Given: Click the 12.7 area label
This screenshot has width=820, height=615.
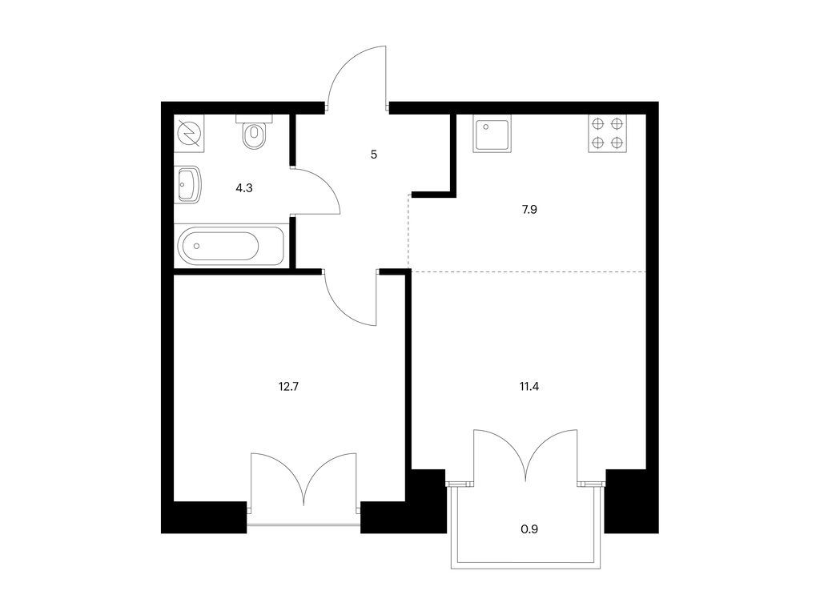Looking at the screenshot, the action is pyautogui.click(x=288, y=387).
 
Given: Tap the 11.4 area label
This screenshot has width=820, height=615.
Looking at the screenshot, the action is pyautogui.click(x=529, y=387).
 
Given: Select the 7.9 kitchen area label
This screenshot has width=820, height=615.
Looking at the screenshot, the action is pyautogui.click(x=530, y=210).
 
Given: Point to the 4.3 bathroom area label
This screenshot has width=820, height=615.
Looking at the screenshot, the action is pyautogui.click(x=244, y=187).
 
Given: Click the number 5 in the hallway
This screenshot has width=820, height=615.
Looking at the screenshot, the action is pyautogui.click(x=374, y=155).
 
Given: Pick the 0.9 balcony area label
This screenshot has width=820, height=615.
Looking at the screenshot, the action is pyautogui.click(x=529, y=529).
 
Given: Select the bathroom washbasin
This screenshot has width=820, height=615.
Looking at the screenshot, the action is pyautogui.click(x=187, y=184).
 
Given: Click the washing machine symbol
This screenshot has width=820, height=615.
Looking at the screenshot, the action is pyautogui.click(x=189, y=134).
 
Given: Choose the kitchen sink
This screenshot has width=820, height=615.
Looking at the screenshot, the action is pyautogui.click(x=492, y=134).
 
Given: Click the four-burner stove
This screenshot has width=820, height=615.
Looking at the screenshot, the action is pyautogui.click(x=608, y=134).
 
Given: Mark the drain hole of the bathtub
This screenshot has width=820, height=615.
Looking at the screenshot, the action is pyautogui.click(x=197, y=246).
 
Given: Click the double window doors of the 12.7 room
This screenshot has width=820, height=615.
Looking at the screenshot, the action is pyautogui.click(x=303, y=480).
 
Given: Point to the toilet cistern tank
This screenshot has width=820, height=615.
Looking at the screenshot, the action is pyautogui.click(x=255, y=119).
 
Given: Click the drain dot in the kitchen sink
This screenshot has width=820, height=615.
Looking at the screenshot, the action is pyautogui.click(x=486, y=127).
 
